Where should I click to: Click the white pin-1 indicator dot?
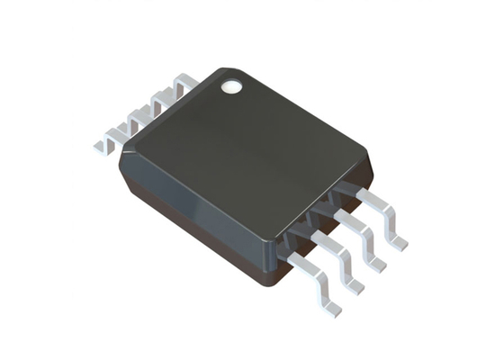233,87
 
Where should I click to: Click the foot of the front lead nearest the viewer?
331,304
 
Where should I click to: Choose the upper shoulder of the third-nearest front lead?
337,214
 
